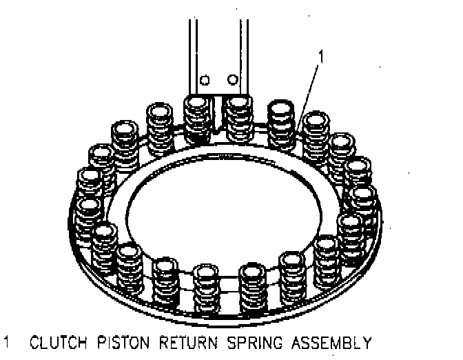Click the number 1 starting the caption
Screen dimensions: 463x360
pos(8,342)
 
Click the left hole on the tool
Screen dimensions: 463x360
pos(204,79)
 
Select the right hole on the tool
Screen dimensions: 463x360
pos(234,78)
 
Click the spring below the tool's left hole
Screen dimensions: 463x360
pos(198,119)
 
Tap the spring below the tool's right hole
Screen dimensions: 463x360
pos(238,119)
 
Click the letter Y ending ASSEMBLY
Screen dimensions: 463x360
pos(368,342)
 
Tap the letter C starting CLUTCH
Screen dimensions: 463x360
pos(36,342)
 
